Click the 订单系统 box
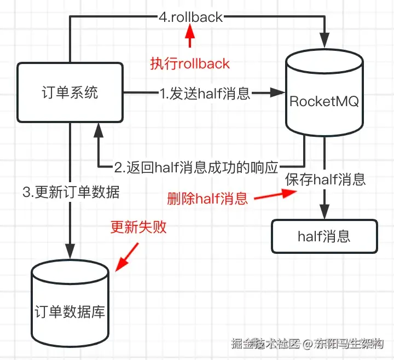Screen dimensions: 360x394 click(69, 92)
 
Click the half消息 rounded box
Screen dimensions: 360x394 click(324, 236)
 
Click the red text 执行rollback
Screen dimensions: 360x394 click(190, 63)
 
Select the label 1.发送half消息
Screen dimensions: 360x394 click(204, 94)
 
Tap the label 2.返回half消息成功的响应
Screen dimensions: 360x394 click(197, 166)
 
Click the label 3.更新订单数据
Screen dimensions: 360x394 click(71, 192)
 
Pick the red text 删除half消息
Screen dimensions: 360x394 click(207, 198)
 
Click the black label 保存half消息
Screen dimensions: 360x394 click(325, 179)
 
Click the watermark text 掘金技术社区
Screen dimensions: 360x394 click(265, 344)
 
